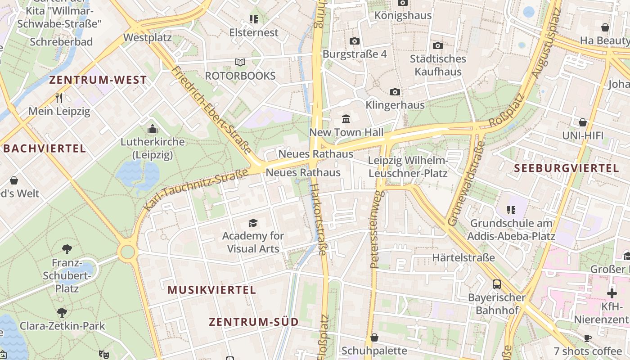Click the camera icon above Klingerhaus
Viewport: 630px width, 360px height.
pos(395,92)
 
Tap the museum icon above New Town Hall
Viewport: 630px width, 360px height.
pos(346,119)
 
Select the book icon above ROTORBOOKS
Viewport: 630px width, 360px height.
pos(240,63)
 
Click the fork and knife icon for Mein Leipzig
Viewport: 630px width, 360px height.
pos(59,98)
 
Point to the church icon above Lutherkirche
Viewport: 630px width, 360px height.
pos(153,129)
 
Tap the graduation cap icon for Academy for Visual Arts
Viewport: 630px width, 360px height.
pos(253,223)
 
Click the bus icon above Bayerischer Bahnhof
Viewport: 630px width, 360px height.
pos(497,284)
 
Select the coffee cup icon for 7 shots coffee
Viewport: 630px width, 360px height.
pos(587,338)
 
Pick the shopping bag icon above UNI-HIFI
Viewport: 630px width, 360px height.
pos(582,122)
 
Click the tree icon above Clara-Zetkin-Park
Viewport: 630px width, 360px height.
pos(62,313)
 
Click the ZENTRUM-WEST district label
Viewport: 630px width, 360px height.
pos(98,80)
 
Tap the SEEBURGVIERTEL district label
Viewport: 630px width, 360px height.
pos(567,168)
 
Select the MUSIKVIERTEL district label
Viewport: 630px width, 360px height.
pos(211,290)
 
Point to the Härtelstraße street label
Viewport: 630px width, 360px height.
pos(463,258)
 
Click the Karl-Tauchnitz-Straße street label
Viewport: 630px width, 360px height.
pos(196,190)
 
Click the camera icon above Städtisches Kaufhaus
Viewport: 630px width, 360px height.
pos(437,45)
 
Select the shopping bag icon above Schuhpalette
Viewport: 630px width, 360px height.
pos(374,337)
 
